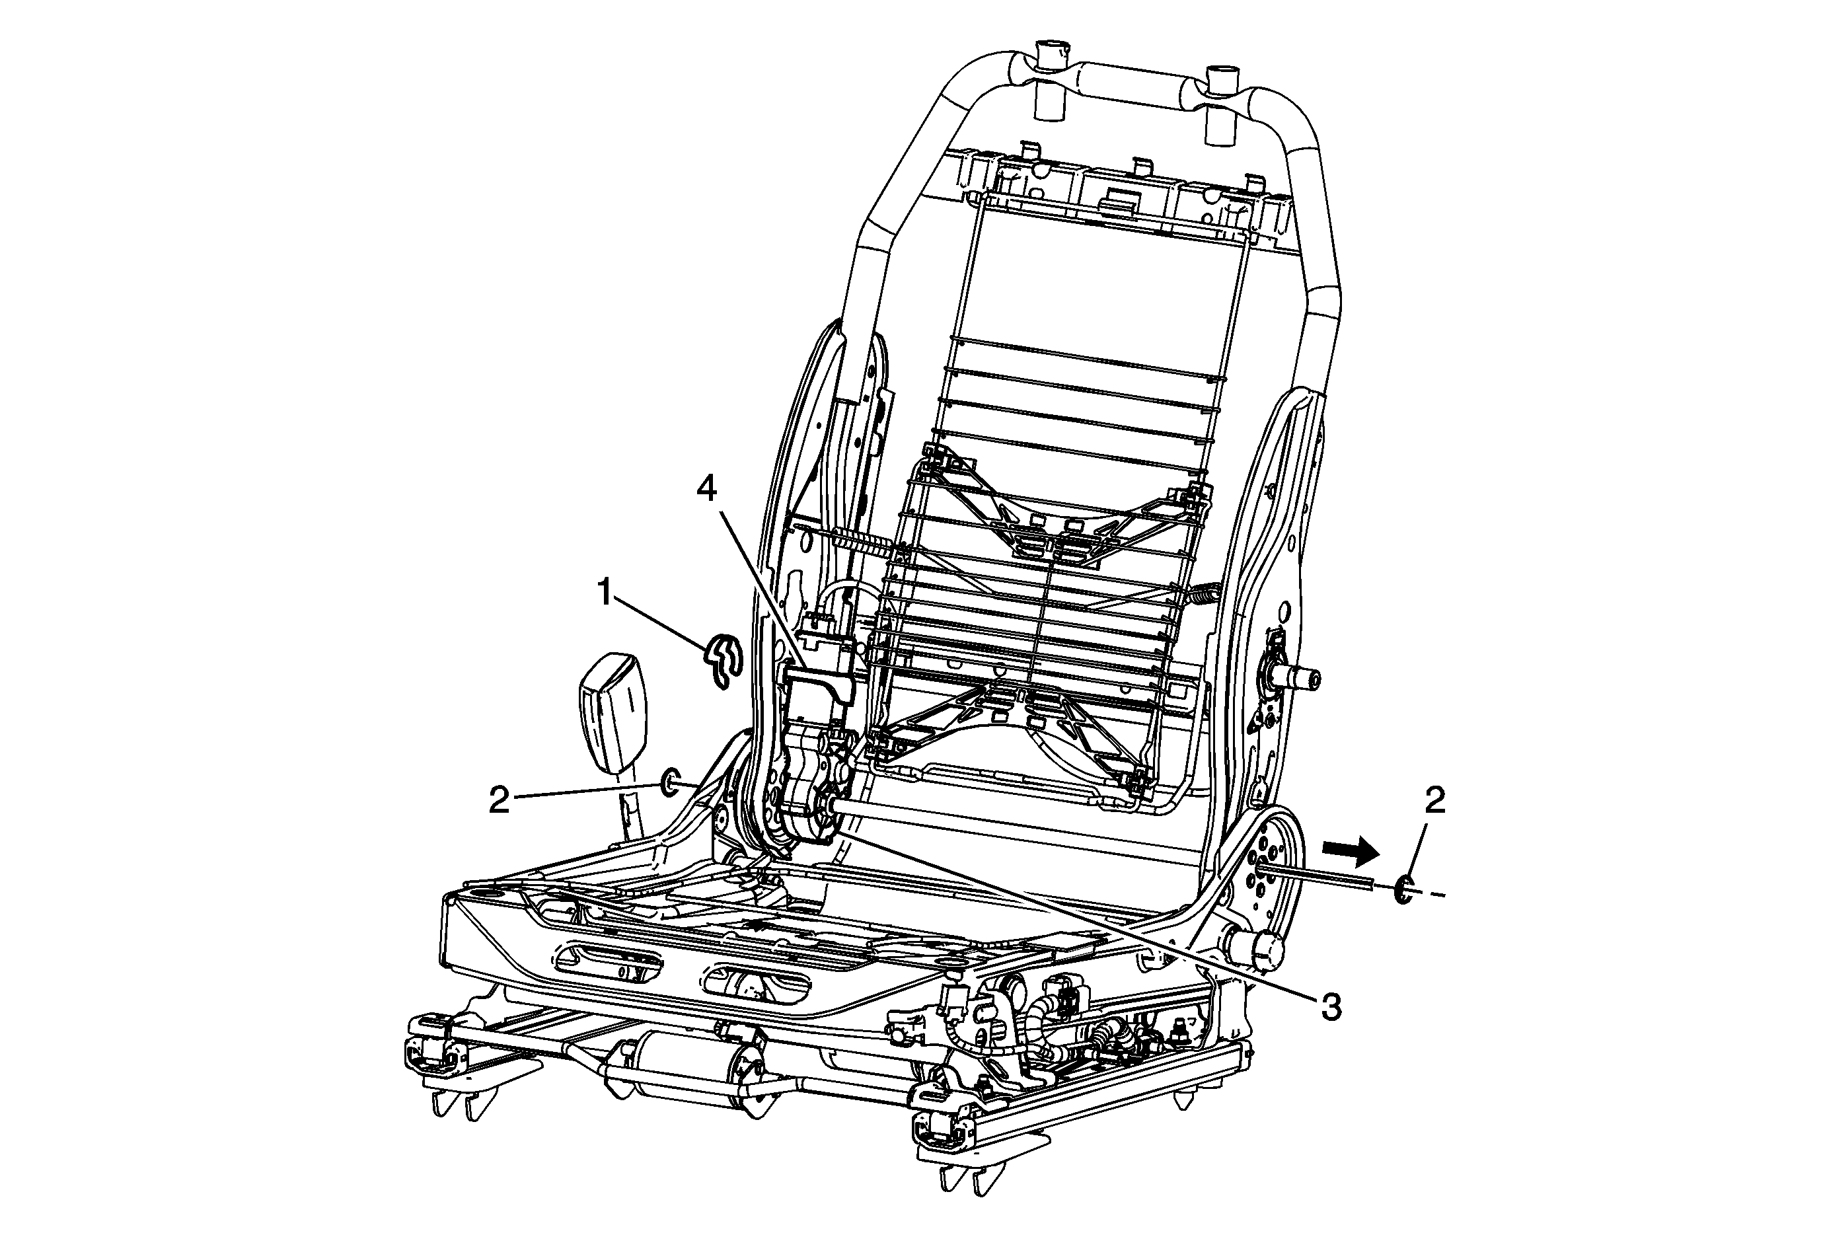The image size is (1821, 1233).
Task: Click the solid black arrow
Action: click(x=1350, y=848)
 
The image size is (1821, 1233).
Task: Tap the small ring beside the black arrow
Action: click(x=1403, y=890)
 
